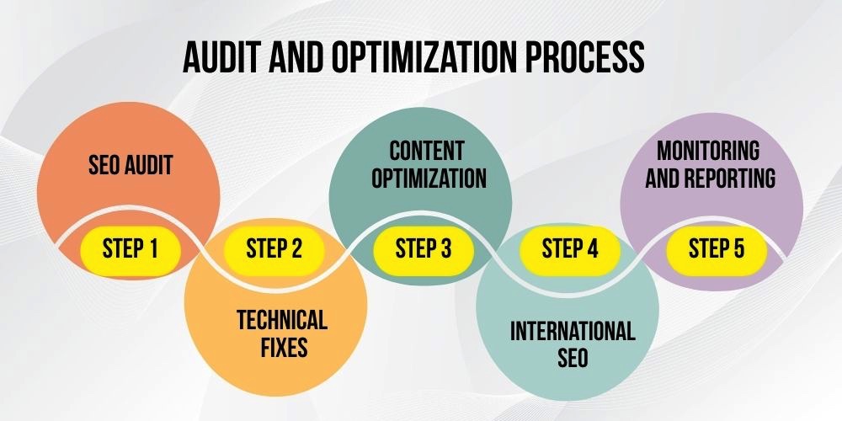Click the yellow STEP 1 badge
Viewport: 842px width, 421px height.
coord(130,248)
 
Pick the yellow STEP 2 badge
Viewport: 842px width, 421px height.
coord(274,248)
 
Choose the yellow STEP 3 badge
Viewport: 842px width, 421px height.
coord(424,248)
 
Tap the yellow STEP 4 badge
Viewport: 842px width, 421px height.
coord(570,248)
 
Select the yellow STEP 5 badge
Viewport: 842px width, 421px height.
coord(717,248)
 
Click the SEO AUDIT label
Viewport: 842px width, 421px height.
coord(131,165)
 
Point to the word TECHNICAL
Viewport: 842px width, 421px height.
coord(282,320)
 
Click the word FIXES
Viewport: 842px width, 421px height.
coord(284,348)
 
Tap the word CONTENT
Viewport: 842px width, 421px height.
coord(426,151)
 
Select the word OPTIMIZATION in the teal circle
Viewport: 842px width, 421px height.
coord(429,179)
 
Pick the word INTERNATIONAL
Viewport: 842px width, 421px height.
coord(573,331)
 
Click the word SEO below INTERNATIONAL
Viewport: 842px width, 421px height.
coord(573,358)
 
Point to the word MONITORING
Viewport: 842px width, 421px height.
coord(708,151)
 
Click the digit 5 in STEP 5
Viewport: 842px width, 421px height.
coord(738,248)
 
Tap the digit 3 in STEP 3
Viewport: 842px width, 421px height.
coord(445,248)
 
